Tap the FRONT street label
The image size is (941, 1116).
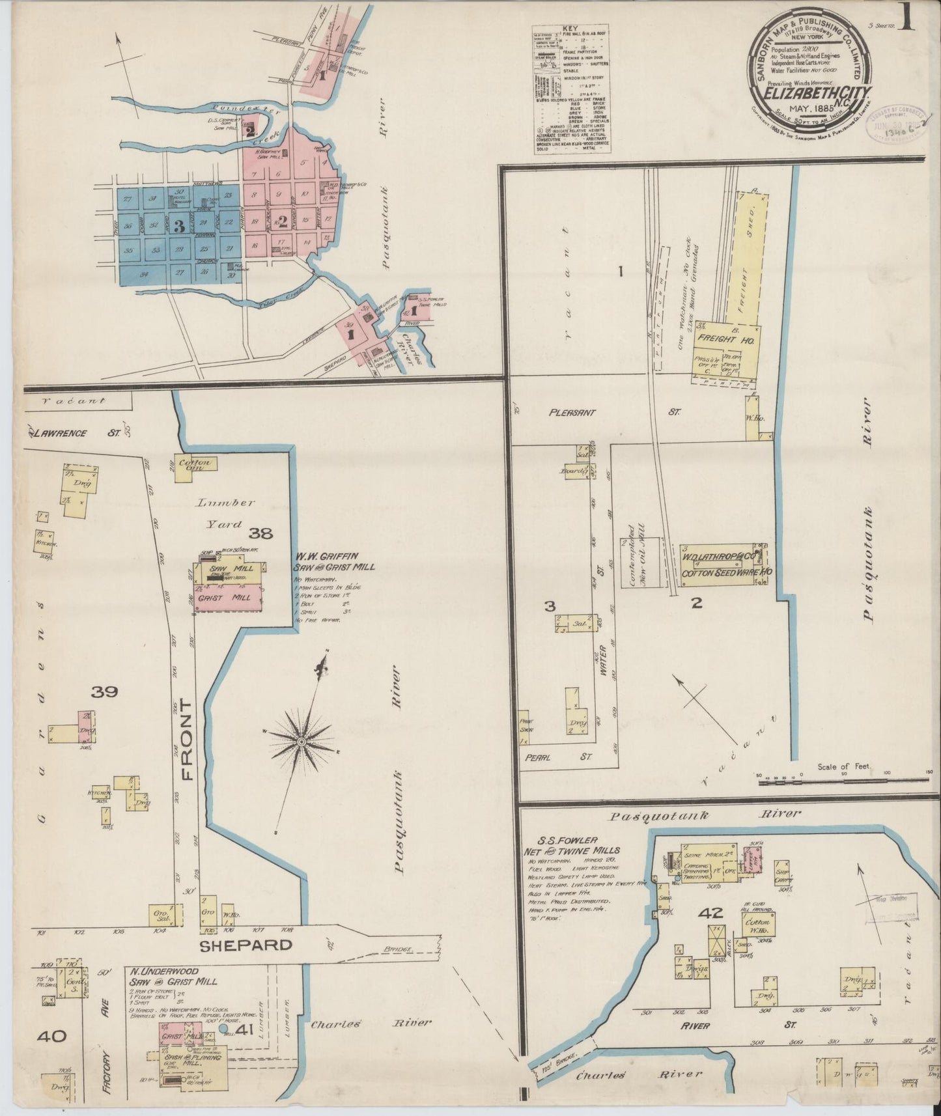coord(187,739)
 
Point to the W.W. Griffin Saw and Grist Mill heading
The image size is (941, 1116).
coord(334,561)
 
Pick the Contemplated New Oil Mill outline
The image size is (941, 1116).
coord(641,563)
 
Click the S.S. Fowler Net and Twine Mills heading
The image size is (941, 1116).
coord(573,845)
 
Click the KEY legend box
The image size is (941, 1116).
coord(572,90)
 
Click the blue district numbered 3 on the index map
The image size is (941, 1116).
coord(176,225)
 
